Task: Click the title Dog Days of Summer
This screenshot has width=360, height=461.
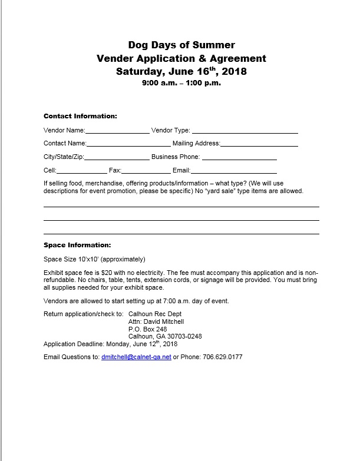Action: pyautogui.click(x=181, y=45)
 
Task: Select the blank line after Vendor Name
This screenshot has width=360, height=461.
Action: pyautogui.click(x=117, y=132)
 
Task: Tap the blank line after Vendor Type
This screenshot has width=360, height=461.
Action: pyautogui.click(x=245, y=132)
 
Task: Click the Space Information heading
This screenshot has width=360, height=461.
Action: pyautogui.click(x=77, y=245)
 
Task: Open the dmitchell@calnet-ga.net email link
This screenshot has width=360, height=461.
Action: pyautogui.click(x=136, y=357)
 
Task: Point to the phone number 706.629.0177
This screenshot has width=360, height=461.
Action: pyautogui.click(x=222, y=357)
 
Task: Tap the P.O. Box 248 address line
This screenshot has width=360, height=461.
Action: pyautogui.click(x=143, y=329)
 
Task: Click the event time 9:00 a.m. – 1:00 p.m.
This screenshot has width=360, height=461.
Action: pyautogui.click(x=181, y=83)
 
